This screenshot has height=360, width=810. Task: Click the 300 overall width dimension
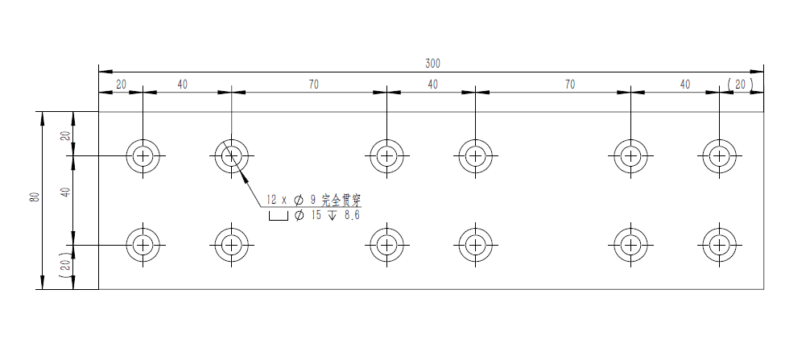coord(433,64)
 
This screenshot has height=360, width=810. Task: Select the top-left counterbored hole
coord(143,155)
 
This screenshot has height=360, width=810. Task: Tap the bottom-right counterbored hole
coord(719,244)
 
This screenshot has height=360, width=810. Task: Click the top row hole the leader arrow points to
coord(231,155)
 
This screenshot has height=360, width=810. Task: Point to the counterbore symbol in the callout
coord(278,216)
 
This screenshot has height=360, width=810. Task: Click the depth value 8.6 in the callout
coord(351,215)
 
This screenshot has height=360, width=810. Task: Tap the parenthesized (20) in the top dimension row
coord(740,85)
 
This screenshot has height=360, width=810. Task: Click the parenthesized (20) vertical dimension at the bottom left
coord(65,266)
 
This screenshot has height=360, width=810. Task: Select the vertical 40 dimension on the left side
coord(65,192)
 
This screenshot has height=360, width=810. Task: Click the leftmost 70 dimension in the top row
coord(313,85)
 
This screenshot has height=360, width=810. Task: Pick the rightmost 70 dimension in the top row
coord(570,85)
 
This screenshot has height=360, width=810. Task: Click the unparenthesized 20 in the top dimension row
coord(121,85)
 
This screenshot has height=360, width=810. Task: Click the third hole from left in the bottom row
coord(387,244)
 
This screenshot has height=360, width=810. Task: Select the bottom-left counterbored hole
coord(143,244)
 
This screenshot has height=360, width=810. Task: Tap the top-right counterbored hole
coord(719,155)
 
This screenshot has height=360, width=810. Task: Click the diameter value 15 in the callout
coord(316,215)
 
